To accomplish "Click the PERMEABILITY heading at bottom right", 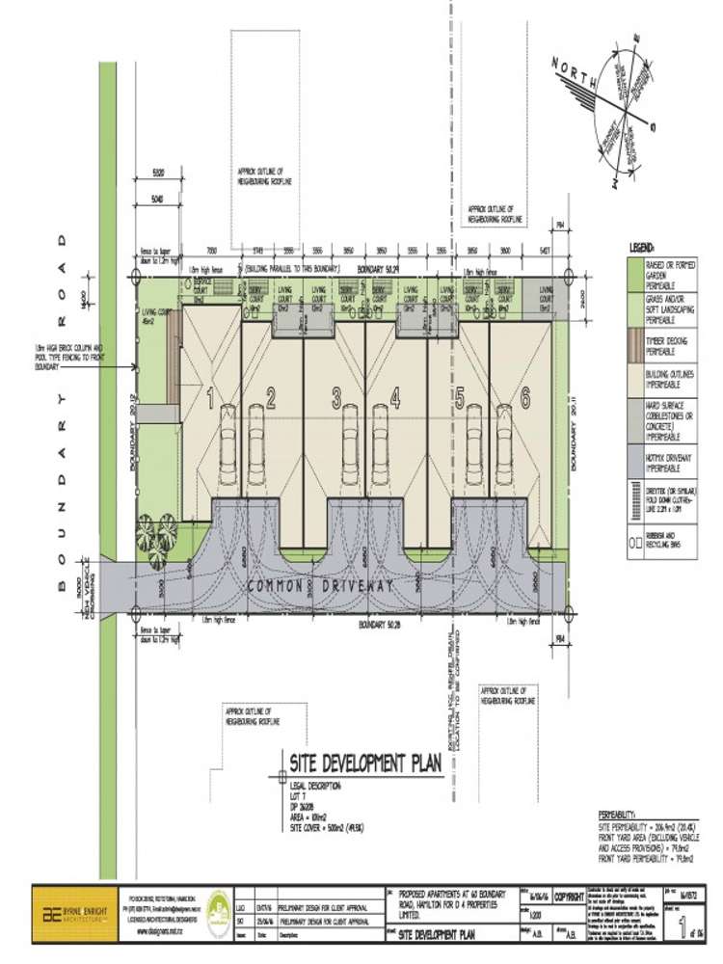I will coord(624,813).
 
